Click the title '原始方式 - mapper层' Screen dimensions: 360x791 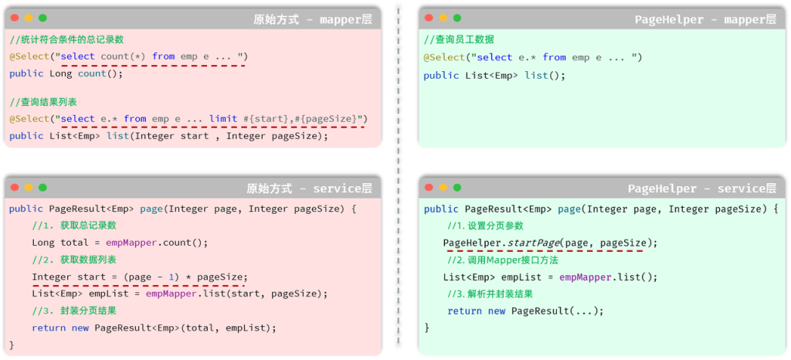coord(312,19)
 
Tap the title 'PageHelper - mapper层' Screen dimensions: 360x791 coord(705,19)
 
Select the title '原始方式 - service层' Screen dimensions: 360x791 coord(309,188)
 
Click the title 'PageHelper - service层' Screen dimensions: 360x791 coord(701,188)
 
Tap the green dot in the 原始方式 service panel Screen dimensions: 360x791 coord(42,187)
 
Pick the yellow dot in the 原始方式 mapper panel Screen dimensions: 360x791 coord(29,18)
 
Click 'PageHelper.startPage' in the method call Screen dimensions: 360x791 coord(501,243)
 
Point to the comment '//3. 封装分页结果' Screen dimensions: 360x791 coord(74,311)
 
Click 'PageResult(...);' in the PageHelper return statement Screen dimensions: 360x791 coord(557,311)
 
